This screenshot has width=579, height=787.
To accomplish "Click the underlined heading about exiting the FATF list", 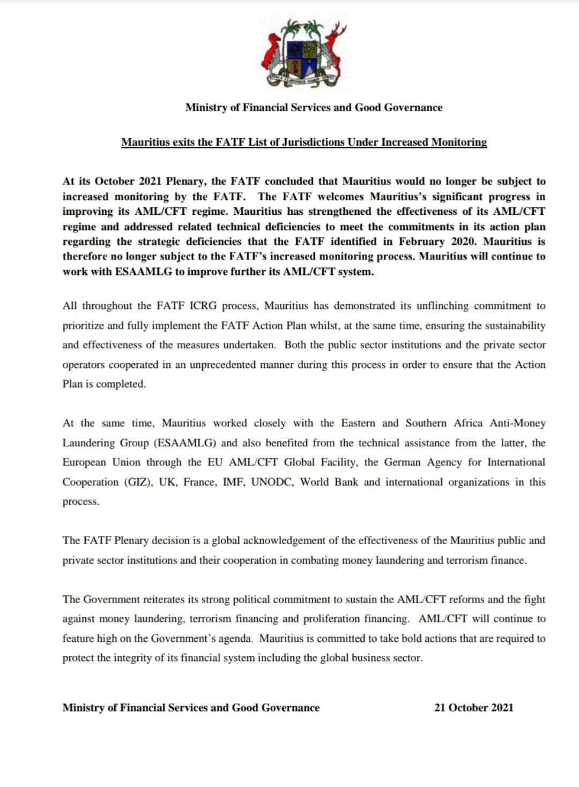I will pos(304,143).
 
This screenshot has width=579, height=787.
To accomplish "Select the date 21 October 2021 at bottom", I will pos(473,708).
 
